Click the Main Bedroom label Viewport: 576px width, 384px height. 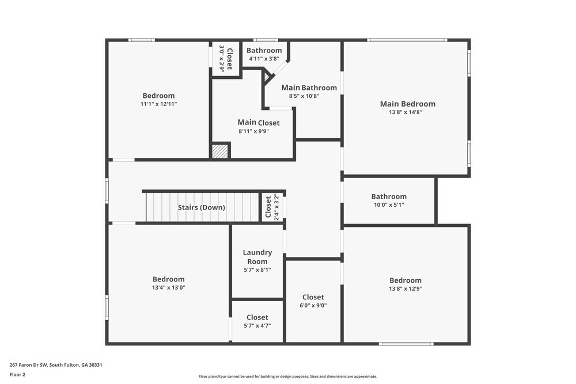pos(407,104)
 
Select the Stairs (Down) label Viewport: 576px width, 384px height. pos(201,207)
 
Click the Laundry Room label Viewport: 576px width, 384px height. pos(257,257)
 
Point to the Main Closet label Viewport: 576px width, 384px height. pos(258,122)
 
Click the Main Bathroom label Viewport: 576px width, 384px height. pos(309,88)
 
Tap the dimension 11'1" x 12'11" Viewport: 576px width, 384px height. pos(158,104)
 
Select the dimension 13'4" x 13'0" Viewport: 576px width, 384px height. pos(168,288)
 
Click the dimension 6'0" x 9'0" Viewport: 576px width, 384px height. pos(313,306)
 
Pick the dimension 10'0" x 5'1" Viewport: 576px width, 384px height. pos(389,205)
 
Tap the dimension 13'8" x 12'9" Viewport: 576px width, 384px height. pos(405,289)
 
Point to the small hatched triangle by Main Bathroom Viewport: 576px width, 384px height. pos(267,75)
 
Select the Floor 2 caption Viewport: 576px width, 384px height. pos(17,374)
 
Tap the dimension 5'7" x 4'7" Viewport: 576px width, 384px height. pos(257,326)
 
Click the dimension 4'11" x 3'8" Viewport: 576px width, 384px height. pos(264,59)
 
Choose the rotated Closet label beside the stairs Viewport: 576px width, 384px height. pos(268,207)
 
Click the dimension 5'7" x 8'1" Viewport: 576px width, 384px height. pos(257,269)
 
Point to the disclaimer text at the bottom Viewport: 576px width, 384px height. pos(288,376)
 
